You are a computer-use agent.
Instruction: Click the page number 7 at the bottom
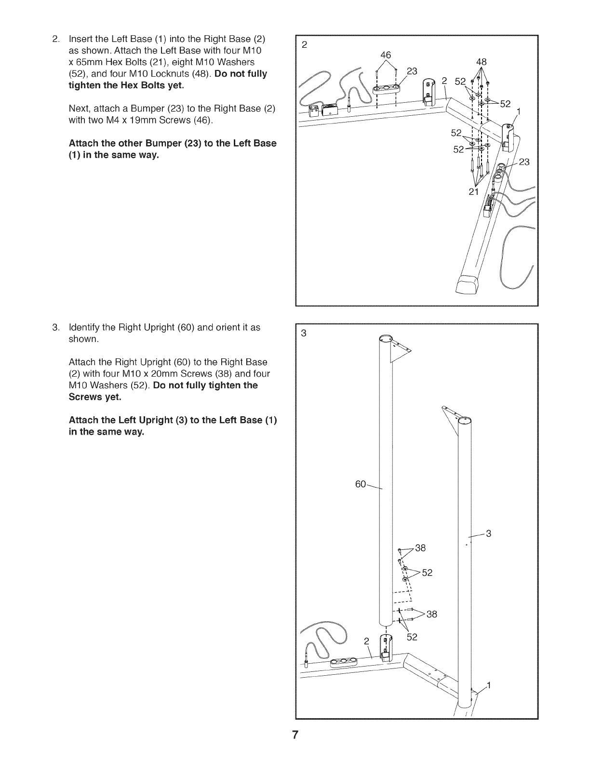[x=295, y=736]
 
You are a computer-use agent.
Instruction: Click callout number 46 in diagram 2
[x=386, y=55]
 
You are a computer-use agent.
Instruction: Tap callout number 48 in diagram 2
[x=481, y=62]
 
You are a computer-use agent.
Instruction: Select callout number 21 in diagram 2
[x=474, y=192]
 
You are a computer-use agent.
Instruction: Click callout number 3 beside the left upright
[x=488, y=533]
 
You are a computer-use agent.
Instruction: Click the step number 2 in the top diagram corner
[x=304, y=45]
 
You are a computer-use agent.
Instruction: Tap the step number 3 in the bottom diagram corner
[x=304, y=333]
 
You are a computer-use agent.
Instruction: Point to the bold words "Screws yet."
[x=95, y=397]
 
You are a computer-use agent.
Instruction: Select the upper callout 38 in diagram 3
[x=420, y=548]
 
